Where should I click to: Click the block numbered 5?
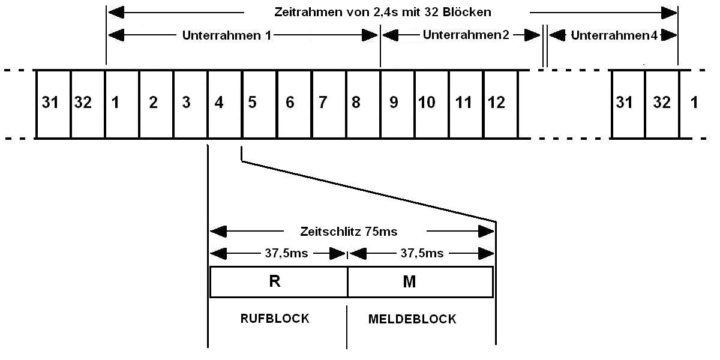tap(259, 104)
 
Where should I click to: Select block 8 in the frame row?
tap(362, 104)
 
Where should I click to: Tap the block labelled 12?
tap(500, 104)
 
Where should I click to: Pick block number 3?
tap(190, 104)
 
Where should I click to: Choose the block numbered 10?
tap(431, 104)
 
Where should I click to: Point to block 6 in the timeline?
tap(294, 104)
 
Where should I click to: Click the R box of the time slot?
tap(278, 282)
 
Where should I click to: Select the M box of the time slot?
tap(420, 282)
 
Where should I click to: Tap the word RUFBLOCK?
tap(275, 319)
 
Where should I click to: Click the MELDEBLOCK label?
tap(412, 319)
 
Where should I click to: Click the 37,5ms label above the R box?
tap(286, 253)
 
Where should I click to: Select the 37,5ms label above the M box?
tap(422, 253)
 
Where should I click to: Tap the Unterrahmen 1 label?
tap(227, 35)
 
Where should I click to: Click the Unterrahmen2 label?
tap(466, 35)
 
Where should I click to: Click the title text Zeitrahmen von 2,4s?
tap(383, 12)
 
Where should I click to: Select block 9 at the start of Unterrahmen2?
tap(397, 104)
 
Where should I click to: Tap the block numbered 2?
tap(156, 104)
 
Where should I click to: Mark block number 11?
tap(465, 104)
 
